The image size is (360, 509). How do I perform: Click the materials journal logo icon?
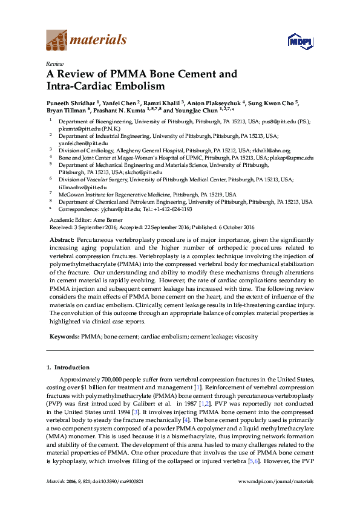point(57,41)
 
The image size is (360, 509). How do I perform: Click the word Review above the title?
point(56,63)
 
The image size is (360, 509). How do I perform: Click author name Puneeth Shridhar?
point(70,103)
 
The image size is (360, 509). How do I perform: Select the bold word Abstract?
point(62,240)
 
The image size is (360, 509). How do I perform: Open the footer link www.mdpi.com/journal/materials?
point(276,498)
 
